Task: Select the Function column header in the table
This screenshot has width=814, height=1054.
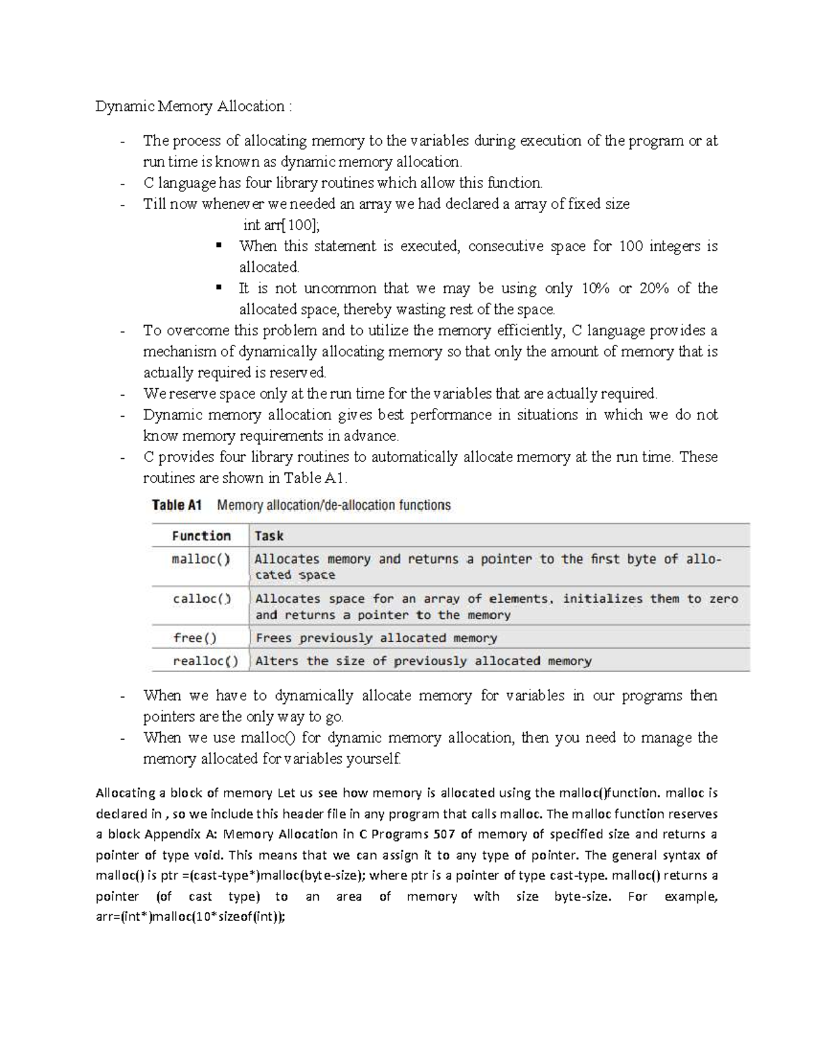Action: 201,536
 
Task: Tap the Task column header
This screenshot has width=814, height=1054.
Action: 269,536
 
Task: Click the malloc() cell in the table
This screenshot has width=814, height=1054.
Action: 201,560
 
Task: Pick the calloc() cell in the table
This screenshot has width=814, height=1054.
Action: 201,599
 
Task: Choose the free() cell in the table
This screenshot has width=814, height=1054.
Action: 195,638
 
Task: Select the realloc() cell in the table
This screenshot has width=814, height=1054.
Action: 205,661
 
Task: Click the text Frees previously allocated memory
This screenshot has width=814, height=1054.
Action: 376,638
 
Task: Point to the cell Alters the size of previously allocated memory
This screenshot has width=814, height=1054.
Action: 423,661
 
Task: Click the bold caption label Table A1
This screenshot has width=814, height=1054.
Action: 178,505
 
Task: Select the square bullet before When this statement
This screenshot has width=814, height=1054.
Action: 218,245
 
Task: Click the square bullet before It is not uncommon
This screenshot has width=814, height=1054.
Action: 218,287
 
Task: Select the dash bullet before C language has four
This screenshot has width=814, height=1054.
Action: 122,184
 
